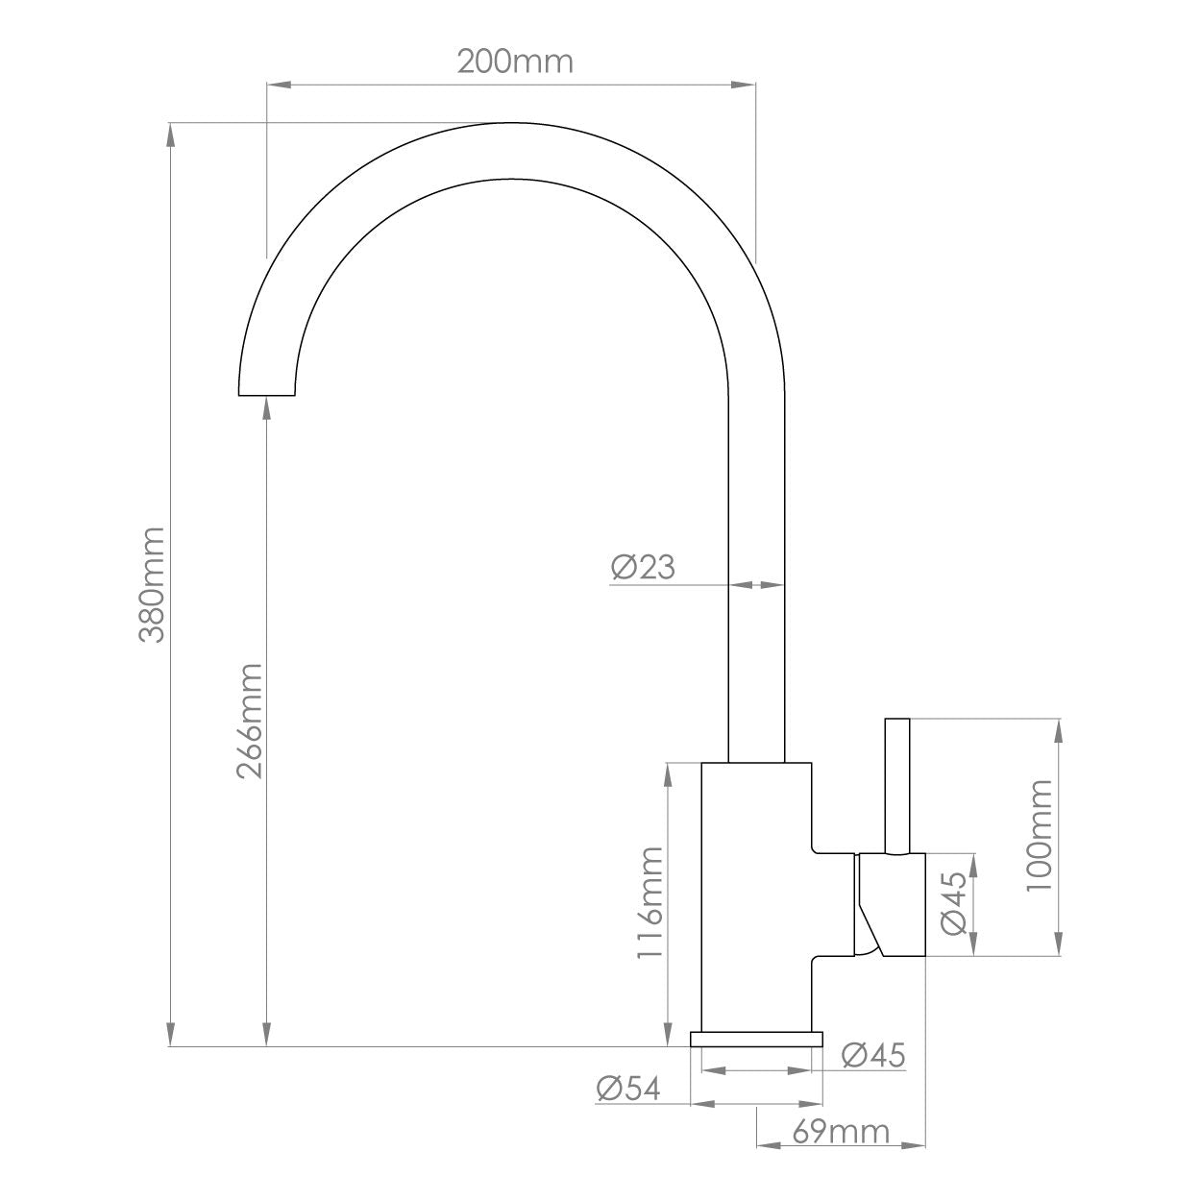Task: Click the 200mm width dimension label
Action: (x=514, y=61)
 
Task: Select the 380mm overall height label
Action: (x=155, y=584)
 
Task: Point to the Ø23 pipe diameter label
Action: (x=643, y=568)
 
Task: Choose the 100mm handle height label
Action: (x=1040, y=835)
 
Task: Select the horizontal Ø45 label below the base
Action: (x=873, y=1055)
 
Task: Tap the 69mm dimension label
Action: (x=841, y=1132)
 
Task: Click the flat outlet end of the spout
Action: (x=266, y=394)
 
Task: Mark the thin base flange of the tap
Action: (x=757, y=1038)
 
